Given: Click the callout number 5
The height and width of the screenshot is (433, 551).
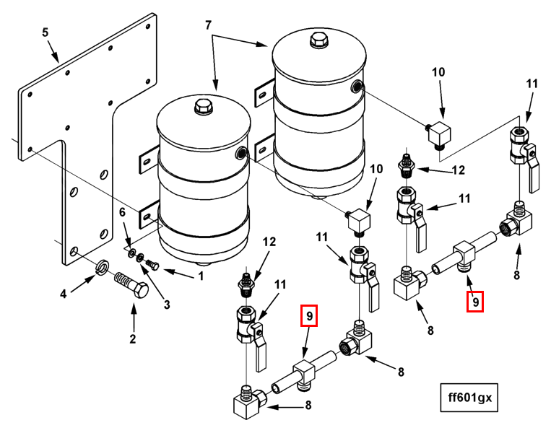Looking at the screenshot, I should (x=45, y=32).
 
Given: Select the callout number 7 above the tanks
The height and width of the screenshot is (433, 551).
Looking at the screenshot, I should (x=209, y=25).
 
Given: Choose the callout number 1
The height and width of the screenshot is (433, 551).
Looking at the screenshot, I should (x=201, y=275).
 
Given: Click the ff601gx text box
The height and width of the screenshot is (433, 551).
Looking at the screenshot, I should (x=471, y=398).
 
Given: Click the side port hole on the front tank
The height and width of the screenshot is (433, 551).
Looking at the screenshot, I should (x=241, y=152).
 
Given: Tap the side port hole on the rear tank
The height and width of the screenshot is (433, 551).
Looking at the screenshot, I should (x=357, y=88).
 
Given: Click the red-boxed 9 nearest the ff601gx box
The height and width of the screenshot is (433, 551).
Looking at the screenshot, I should (x=474, y=299).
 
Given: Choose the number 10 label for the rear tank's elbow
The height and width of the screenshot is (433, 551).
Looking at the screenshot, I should (x=439, y=72).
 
